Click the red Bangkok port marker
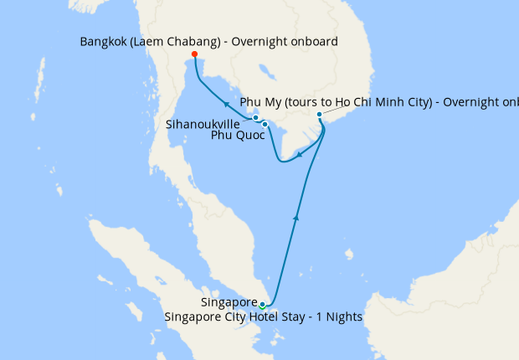tap(195, 54)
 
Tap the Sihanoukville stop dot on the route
tap(256, 118)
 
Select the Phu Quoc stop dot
tap(265, 125)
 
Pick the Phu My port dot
tap(320, 115)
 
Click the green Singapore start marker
tap(262, 304)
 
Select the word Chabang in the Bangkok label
tap(192, 40)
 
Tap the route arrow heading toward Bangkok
tap(226, 104)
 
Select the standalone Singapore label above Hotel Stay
tap(229, 302)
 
